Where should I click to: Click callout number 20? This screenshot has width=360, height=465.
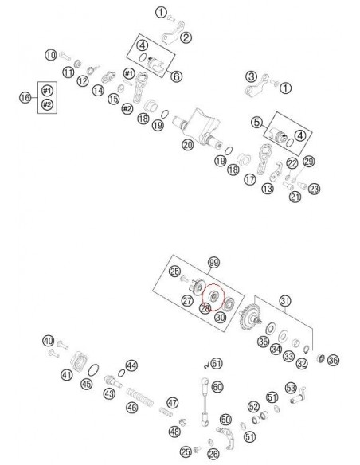pos(187,146)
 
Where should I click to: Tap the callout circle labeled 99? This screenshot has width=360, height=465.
pos(213,262)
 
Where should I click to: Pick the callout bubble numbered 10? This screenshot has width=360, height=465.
pos(50,55)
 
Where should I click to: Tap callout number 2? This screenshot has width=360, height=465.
pos(186,37)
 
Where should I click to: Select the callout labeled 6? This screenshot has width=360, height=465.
pos(177,76)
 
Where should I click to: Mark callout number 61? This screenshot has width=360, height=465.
pos(217,363)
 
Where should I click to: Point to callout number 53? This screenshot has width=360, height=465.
pos(291,388)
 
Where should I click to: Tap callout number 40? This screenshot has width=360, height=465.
pos(49,341)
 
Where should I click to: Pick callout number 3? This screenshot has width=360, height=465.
pos(250,76)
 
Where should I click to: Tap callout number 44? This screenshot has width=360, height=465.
pos(131,365)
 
